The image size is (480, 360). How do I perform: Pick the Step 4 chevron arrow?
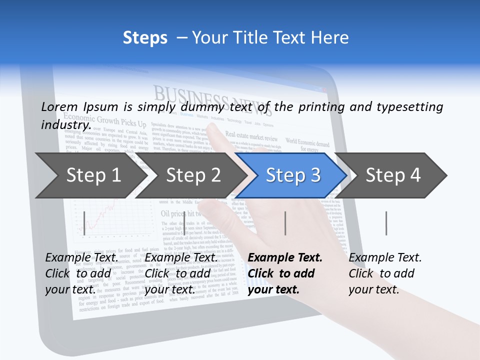pyautogui.click(x=393, y=175)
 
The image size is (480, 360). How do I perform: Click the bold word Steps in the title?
pyautogui.click(x=145, y=37)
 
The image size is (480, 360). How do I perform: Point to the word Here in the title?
pyautogui.click(x=329, y=37)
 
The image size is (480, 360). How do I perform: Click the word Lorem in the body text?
pyautogui.click(x=59, y=106)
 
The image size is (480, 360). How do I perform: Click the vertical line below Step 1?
pyautogui.click(x=84, y=223)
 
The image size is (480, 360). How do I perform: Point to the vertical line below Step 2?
pyautogui.click(x=185, y=223)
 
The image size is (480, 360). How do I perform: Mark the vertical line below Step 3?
pyautogui.click(x=285, y=223)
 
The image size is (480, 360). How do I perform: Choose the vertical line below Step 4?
pyautogui.click(x=386, y=223)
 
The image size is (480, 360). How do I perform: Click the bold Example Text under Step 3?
pyautogui.click(x=285, y=257)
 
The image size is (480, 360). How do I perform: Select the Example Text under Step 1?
pyautogui.click(x=82, y=257)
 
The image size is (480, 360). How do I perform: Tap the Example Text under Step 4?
pyautogui.click(x=385, y=257)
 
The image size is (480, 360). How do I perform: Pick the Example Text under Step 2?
pyautogui.click(x=181, y=257)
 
